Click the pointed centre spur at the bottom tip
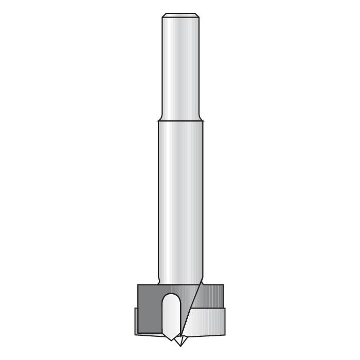[x=179, y=341]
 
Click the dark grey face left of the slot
[x=149, y=309]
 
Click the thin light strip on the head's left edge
[x=136, y=321]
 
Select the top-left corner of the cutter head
[x=138, y=284]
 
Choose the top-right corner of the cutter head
[x=223, y=284]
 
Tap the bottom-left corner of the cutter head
[x=135, y=335]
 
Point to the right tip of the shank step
[x=203, y=121]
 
